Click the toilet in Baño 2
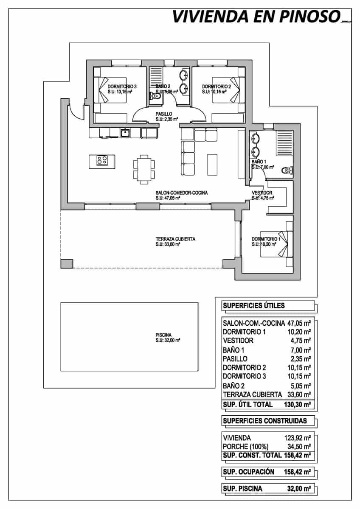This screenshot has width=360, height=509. pyautogui.click(x=155, y=97)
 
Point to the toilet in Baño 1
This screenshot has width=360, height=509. pyautogui.click(x=287, y=170)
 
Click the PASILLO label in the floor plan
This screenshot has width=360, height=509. pyautogui.click(x=163, y=114)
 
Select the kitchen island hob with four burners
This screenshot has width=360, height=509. pyautogui.click(x=102, y=161)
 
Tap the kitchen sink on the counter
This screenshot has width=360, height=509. pyautogui.click(x=125, y=133)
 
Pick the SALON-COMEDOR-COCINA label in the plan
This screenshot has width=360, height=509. pyautogui.click(x=181, y=193)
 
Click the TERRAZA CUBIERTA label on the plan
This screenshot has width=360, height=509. pyautogui.click(x=175, y=239)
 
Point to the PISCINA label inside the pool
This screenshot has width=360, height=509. pyautogui.click(x=163, y=335)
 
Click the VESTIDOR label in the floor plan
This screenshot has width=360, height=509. pyautogui.click(x=262, y=193)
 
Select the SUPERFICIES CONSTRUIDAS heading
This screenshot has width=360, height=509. pyautogui.click(x=264, y=421)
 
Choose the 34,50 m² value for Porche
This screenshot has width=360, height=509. pyautogui.click(x=297, y=446)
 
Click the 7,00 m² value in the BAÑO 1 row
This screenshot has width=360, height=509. pyautogui.click(x=302, y=350)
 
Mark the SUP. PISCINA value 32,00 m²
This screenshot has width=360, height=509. pyautogui.click(x=297, y=489)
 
